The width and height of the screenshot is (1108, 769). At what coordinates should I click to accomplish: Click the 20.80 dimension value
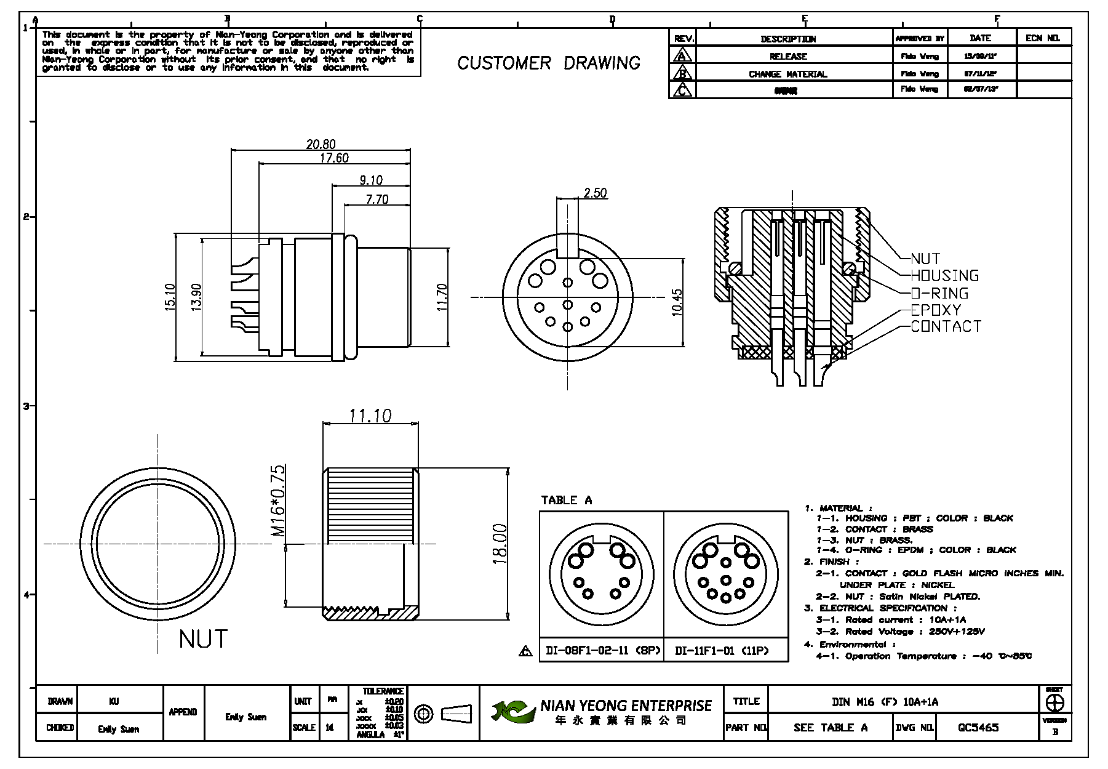click(321, 145)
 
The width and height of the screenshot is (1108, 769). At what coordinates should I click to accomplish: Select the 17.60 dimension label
click(334, 158)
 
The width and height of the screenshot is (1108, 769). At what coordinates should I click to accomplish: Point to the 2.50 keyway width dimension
click(595, 193)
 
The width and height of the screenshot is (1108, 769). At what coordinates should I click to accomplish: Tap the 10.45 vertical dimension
click(677, 302)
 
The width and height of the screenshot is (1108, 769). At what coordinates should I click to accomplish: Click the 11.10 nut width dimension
click(370, 416)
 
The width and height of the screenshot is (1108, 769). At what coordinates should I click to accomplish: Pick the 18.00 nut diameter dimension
click(500, 544)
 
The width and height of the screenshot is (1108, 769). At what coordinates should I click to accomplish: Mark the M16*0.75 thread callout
click(278, 501)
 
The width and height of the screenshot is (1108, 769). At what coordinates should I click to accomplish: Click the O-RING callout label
click(939, 293)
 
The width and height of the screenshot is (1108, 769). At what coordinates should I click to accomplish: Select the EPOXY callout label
click(935, 310)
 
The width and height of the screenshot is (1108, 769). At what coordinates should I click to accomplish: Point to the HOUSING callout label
click(944, 276)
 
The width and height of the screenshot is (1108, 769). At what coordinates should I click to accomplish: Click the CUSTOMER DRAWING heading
click(549, 63)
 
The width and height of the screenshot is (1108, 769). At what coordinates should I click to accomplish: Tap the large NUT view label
click(203, 639)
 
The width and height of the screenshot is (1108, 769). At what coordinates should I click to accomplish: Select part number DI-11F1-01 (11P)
click(722, 651)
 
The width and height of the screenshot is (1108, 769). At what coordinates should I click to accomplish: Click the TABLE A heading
click(566, 500)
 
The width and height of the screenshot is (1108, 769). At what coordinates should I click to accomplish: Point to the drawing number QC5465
click(978, 727)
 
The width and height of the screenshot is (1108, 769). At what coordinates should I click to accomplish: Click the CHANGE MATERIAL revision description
click(787, 74)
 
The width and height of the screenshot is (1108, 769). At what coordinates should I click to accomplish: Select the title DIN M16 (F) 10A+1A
click(885, 702)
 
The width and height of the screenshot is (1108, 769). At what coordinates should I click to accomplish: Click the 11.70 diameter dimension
click(442, 297)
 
